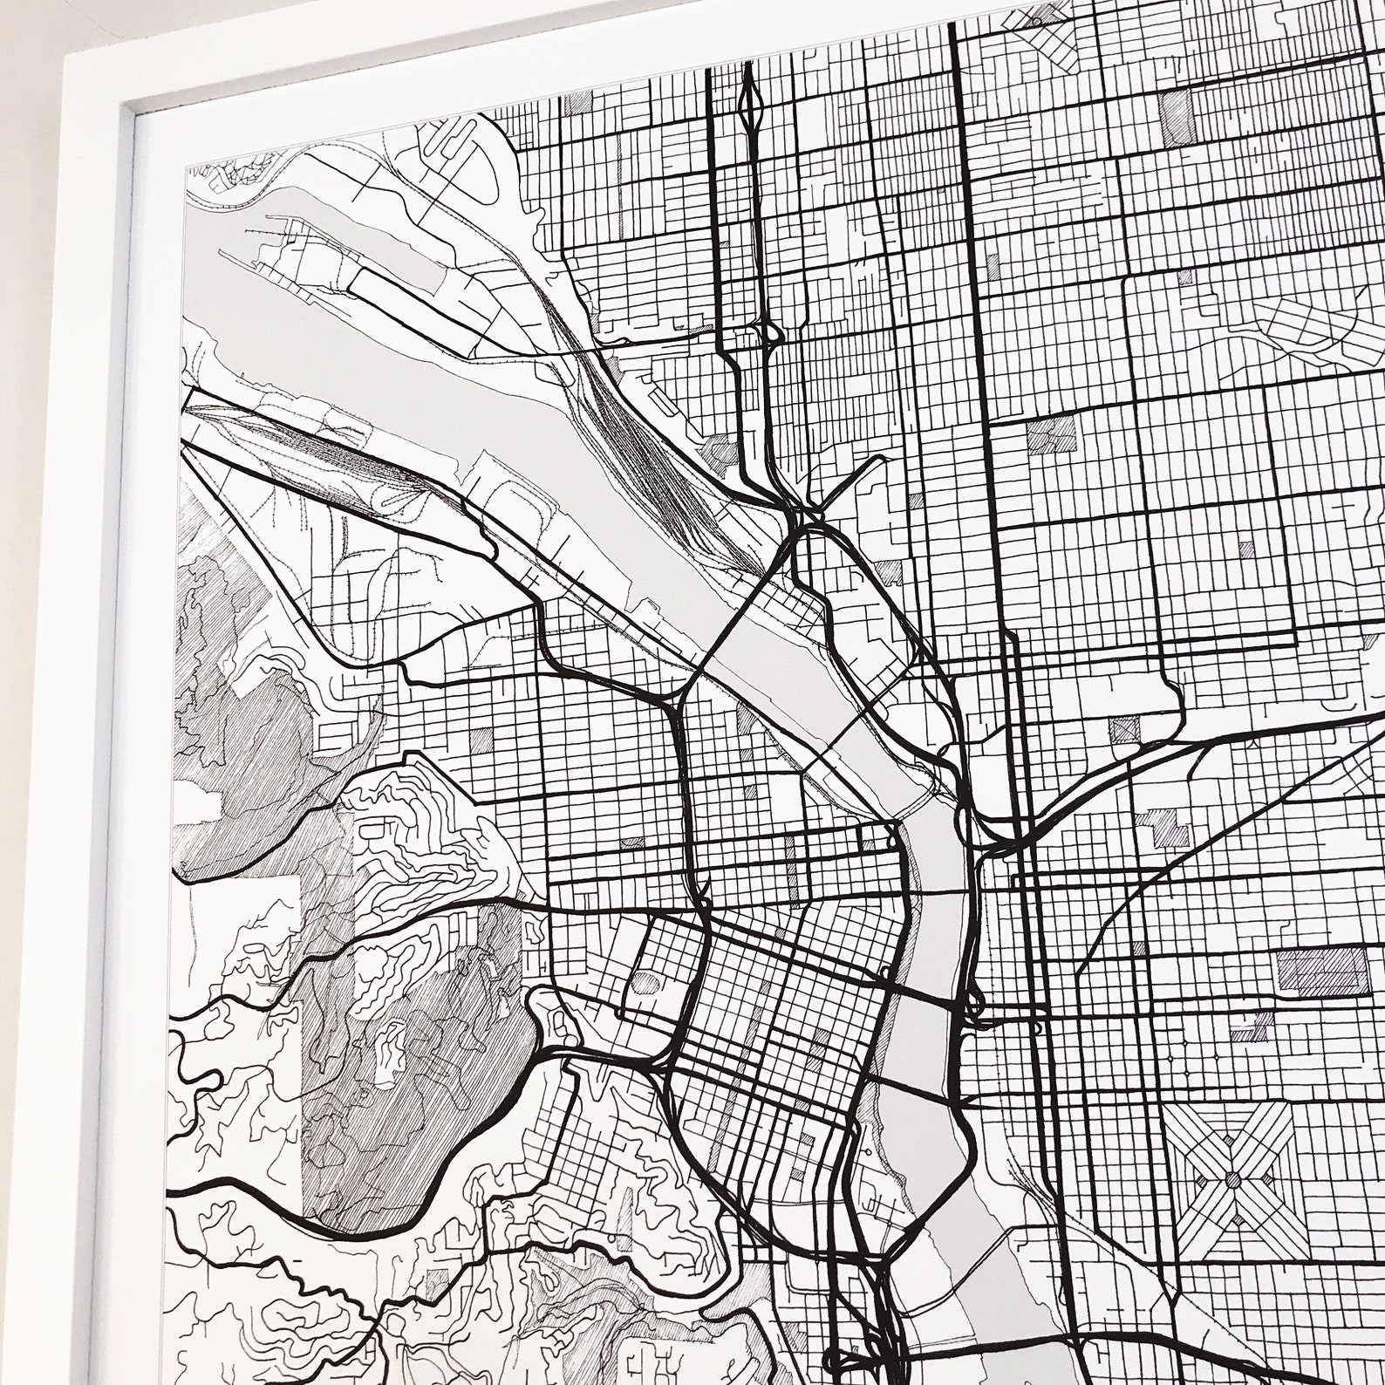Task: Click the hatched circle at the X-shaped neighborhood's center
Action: click(x=1233, y=1180)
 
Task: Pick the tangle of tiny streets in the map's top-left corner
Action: click(x=227, y=178)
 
